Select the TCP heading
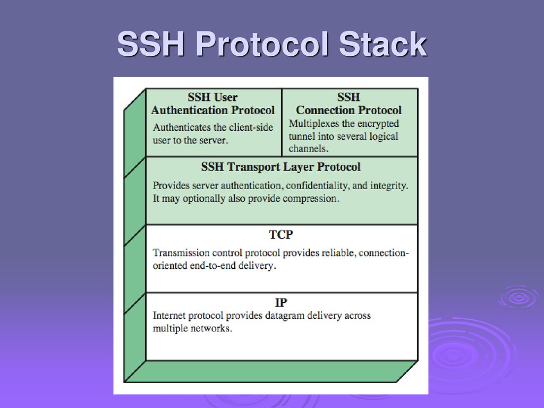[x=281, y=234]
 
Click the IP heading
[x=281, y=302]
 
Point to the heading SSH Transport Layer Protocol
[x=280, y=167]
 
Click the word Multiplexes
[x=314, y=124]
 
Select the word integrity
[x=389, y=185]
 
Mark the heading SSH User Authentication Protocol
[x=212, y=104]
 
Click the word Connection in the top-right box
[x=325, y=110]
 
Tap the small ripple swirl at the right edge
[x=518, y=297]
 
